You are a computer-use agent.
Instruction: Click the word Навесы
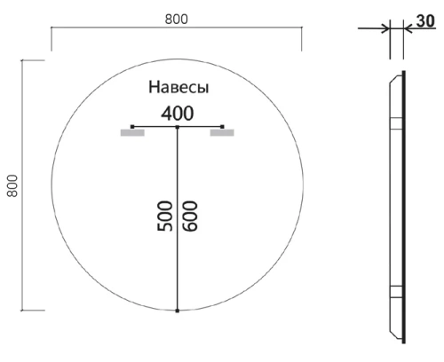tap(178, 89)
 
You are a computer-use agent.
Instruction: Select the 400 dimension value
tap(178, 114)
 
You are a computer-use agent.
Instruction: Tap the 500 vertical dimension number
tap(165, 215)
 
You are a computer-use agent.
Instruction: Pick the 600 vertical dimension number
tap(189, 215)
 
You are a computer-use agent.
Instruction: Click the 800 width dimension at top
tap(176, 18)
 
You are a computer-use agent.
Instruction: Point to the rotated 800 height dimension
tap(12, 185)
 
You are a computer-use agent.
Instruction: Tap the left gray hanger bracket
tap(132, 134)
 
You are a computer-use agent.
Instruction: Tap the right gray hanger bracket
tap(222, 134)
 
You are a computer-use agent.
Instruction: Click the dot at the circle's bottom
tap(178, 311)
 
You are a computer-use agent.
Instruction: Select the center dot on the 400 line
tap(178, 128)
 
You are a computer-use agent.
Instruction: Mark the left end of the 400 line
tap(131, 127)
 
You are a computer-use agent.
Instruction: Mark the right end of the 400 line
tap(223, 127)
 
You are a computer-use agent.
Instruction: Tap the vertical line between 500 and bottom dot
tap(178, 275)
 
